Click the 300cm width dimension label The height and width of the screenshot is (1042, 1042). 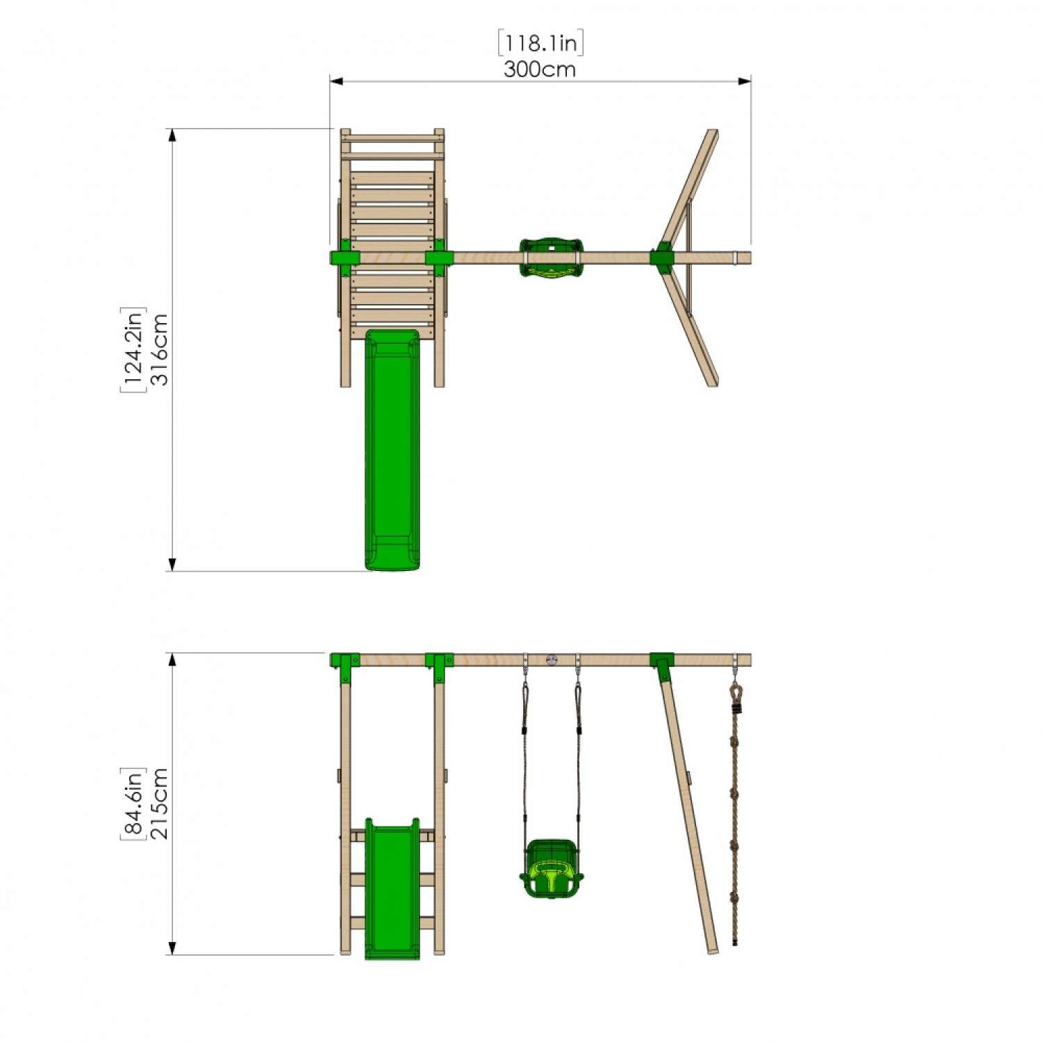click(540, 69)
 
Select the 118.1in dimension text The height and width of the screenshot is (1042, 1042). click(540, 43)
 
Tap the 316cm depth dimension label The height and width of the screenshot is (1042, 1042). click(160, 349)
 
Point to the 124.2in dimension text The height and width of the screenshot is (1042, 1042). click(133, 349)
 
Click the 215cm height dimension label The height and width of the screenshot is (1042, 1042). click(160, 804)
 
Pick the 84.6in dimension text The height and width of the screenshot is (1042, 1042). click(133, 804)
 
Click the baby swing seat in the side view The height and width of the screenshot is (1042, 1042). click(551, 869)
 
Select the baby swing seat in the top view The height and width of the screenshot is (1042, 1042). click(551, 258)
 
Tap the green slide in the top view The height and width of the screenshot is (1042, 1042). click(392, 452)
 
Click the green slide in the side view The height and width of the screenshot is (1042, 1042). click(392, 889)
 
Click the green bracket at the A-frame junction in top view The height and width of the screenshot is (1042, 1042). click(661, 258)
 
